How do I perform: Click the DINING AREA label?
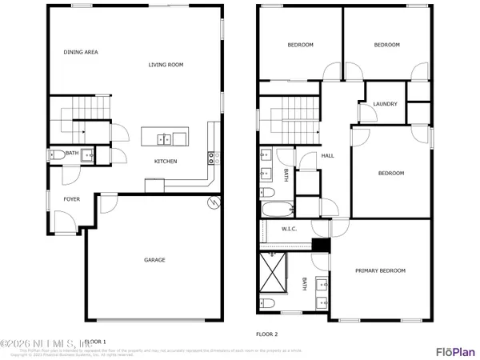tap(81, 52)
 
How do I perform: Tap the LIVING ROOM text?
tap(166, 65)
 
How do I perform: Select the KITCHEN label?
tap(166, 162)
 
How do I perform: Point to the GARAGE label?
tap(154, 260)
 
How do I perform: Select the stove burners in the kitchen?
tap(213, 158)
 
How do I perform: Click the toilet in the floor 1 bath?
tap(56, 154)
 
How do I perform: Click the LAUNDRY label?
tap(386, 104)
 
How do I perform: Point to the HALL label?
tap(327, 156)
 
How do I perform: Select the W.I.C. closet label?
tap(289, 230)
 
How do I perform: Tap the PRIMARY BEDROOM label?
tap(380, 270)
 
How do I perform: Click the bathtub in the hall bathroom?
tap(276, 210)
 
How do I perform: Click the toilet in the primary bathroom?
tap(268, 303)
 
